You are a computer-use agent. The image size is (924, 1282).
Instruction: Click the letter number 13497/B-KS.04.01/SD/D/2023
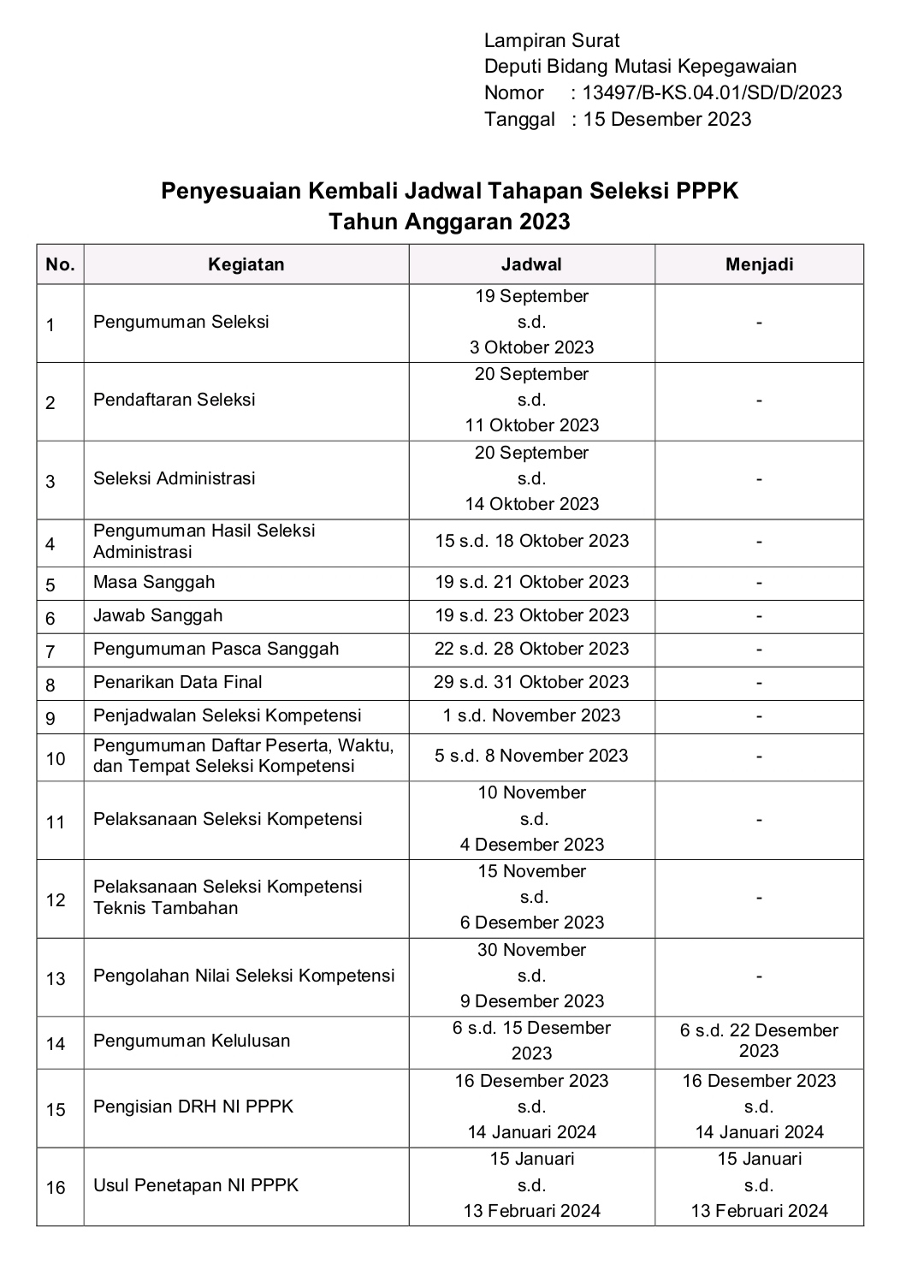pyautogui.click(x=712, y=93)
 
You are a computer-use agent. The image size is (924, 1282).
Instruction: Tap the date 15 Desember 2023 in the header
pyautogui.click(x=666, y=119)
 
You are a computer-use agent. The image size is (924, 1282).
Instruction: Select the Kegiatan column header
pyautogui.click(x=246, y=264)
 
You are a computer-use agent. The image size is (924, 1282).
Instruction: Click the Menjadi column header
pyautogui.click(x=759, y=264)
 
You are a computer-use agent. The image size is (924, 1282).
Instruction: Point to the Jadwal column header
pyautogui.click(x=531, y=264)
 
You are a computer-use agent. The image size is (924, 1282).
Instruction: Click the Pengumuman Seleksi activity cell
pyautogui.click(x=181, y=322)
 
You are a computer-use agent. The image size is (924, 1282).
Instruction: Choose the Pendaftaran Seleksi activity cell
pyautogui.click(x=175, y=400)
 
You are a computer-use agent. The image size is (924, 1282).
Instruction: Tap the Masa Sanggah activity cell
pyautogui.click(x=154, y=582)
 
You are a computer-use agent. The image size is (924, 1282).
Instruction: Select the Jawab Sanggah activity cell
pyautogui.click(x=157, y=615)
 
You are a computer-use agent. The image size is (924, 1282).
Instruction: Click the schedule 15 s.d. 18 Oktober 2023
pyautogui.click(x=531, y=541)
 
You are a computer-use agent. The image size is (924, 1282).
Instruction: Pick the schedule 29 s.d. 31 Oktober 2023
pyautogui.click(x=531, y=682)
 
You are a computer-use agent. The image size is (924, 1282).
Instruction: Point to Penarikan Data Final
pyautogui.click(x=178, y=682)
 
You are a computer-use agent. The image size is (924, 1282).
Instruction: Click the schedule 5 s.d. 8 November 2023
pyautogui.click(x=531, y=756)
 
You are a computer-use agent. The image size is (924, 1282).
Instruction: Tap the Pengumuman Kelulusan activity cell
pyautogui.click(x=192, y=1041)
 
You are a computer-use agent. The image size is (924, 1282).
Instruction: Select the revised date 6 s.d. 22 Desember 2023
pyautogui.click(x=759, y=1040)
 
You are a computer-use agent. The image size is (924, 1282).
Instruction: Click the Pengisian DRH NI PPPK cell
pyautogui.click(x=193, y=1107)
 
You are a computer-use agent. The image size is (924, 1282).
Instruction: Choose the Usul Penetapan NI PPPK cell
pyautogui.click(x=196, y=1185)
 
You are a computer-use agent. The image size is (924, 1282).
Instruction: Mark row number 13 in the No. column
pyautogui.click(x=56, y=978)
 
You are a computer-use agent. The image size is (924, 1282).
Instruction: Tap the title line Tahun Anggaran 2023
pyautogui.click(x=450, y=222)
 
